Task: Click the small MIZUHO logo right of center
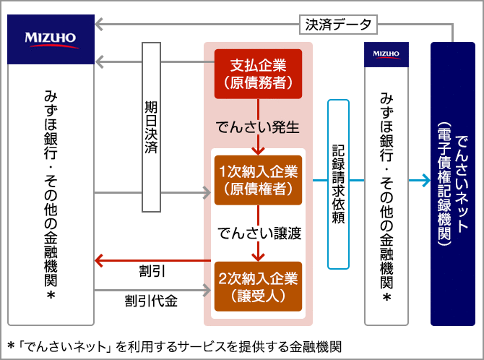point(386,53)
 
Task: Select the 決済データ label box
point(337,25)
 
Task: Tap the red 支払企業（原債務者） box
point(258,74)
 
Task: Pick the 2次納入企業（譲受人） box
point(258,286)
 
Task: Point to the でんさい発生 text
point(258,127)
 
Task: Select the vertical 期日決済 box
point(151,127)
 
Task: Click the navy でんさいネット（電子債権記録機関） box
point(452,184)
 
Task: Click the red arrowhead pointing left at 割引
point(100,260)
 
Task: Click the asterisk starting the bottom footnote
point(10,344)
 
